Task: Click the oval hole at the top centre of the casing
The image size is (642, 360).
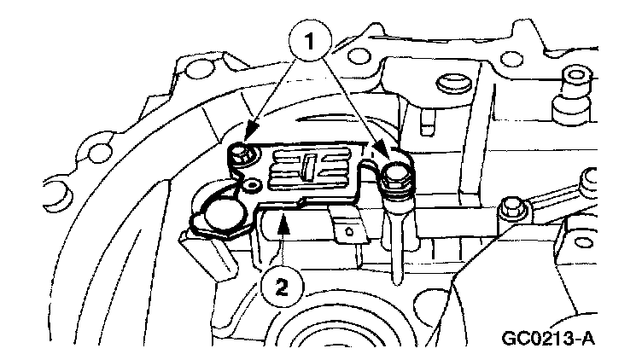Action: (x=446, y=84)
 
